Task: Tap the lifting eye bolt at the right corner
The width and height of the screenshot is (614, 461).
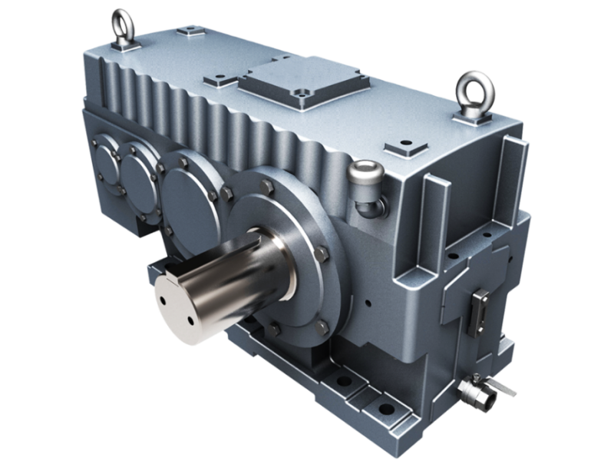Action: [x=474, y=95]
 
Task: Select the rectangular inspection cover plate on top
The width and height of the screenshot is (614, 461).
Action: [x=303, y=84]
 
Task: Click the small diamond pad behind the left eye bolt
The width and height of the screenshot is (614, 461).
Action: [x=187, y=32]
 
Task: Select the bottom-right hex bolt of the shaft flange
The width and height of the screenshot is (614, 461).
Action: [x=323, y=326]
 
